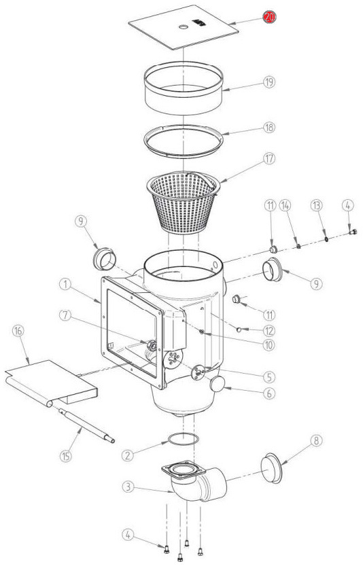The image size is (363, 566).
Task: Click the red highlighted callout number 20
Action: (269, 17)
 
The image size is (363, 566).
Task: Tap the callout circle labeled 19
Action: (269, 82)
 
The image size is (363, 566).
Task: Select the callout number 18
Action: (269, 128)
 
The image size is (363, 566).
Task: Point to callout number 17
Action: (269, 158)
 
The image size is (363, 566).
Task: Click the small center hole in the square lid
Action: (184, 27)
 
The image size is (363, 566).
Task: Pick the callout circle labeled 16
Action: (18, 331)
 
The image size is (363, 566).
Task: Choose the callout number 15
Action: (66, 455)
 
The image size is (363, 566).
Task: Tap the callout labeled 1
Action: (65, 285)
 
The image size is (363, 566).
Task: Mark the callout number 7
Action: (65, 315)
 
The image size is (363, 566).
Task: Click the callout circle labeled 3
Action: (128, 487)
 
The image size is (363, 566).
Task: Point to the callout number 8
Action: (316, 441)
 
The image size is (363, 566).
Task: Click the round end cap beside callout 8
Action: (272, 467)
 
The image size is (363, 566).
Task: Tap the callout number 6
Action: (269, 393)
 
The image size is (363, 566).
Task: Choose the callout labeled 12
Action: (269, 330)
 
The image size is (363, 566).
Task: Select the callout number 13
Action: (316, 206)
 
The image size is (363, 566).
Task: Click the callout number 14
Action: (286, 206)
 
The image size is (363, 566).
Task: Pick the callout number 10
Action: (269, 345)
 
